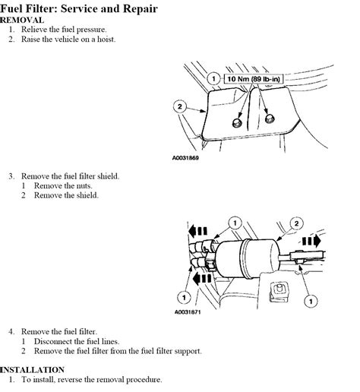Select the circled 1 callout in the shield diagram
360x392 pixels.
click(214, 78)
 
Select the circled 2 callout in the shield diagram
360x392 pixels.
click(179, 107)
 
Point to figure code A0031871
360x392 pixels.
click(191, 311)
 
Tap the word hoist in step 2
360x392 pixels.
click(104, 39)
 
